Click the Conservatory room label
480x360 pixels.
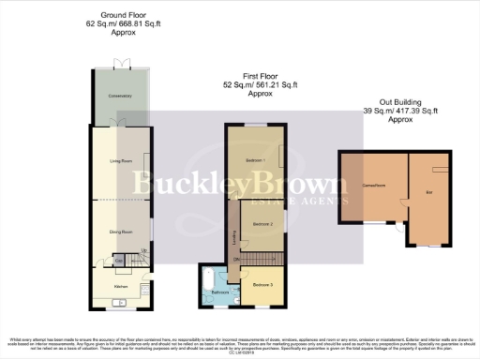coord(118,97)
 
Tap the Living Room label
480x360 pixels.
coord(118,162)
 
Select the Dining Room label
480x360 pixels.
coord(118,230)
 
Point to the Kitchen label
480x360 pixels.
coord(120,286)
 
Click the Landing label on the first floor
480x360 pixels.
coord(232,234)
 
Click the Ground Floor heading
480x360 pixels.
coord(119,16)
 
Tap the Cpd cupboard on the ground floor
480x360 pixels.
coord(120,259)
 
